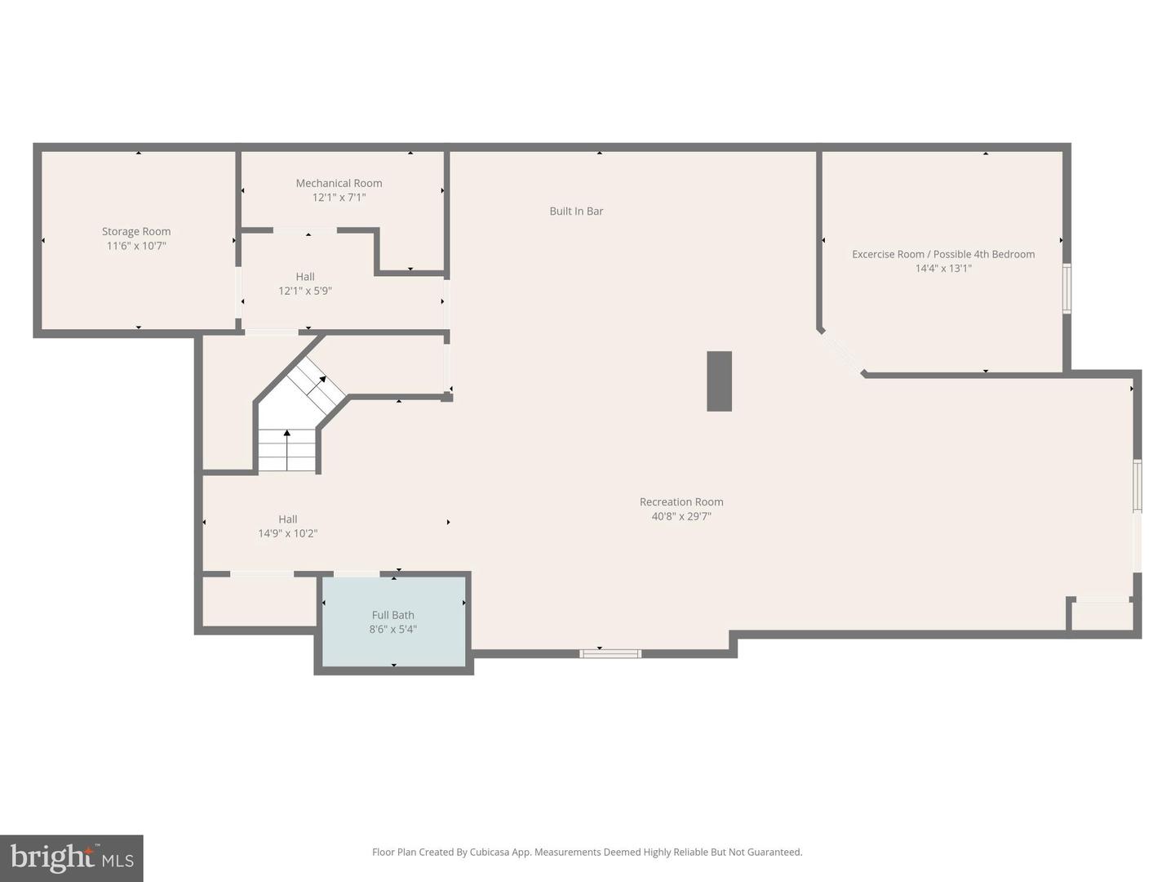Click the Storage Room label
[136, 232]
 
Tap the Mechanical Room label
[339, 183]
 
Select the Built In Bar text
[576, 212]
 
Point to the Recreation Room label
[681, 502]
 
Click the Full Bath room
[394, 621]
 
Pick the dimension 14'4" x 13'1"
[943, 269]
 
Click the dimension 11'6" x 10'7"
[136, 246]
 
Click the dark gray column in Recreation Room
[719, 381]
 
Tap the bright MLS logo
[72, 858]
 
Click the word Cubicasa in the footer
[489, 853]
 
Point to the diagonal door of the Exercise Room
[842, 353]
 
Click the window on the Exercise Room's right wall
[1066, 288]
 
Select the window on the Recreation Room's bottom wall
[610, 653]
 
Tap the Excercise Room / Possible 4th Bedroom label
[943, 254]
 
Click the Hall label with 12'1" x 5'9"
[305, 277]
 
